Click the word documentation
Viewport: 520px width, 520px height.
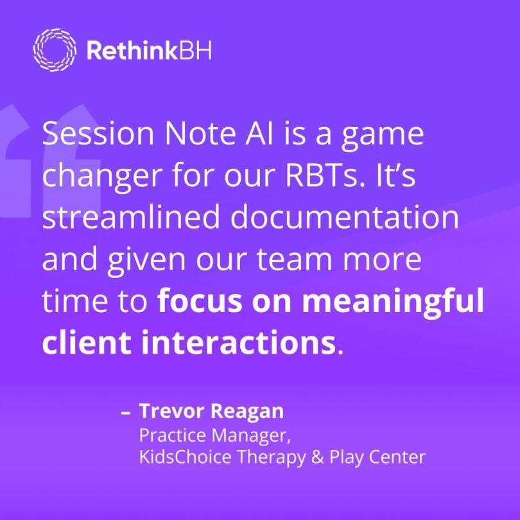[x=346, y=218]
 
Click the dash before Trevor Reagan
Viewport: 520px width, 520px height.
[x=125, y=412]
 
